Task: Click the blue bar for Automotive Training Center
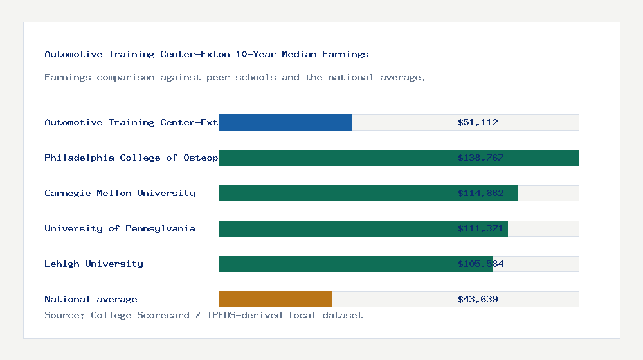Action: (285, 122)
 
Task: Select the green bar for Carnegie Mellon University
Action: (368, 193)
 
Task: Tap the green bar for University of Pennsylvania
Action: (363, 228)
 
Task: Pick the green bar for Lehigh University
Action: (356, 264)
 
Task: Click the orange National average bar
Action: (275, 299)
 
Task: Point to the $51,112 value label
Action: (478, 122)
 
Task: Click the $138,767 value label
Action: (480, 157)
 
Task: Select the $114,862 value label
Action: (480, 193)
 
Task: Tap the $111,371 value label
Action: (480, 228)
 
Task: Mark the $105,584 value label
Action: (480, 264)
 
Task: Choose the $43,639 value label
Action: (478, 299)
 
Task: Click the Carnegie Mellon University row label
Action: (120, 193)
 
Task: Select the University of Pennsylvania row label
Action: (120, 228)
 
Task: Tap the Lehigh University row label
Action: (94, 264)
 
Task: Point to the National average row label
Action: (91, 299)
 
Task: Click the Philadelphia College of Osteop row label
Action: (131, 157)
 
